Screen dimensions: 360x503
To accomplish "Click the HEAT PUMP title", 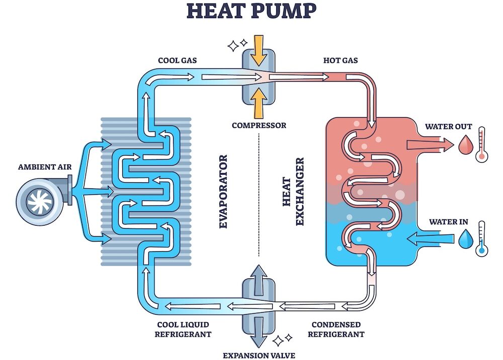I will coord(251,11).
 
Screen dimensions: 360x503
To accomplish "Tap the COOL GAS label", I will coord(177,60).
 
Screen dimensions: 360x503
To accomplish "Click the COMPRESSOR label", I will coord(259,125).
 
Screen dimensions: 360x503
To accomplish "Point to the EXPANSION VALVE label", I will coord(259,355).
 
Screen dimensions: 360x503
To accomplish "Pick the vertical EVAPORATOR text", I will coord(224,192).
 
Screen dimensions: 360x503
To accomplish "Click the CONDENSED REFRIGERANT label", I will coord(336,329).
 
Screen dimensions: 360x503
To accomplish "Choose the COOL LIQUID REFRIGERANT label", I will coord(183,329).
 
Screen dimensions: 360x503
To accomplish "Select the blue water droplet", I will coord(464,239).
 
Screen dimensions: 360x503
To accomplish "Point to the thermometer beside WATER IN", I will coord(482,238).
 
